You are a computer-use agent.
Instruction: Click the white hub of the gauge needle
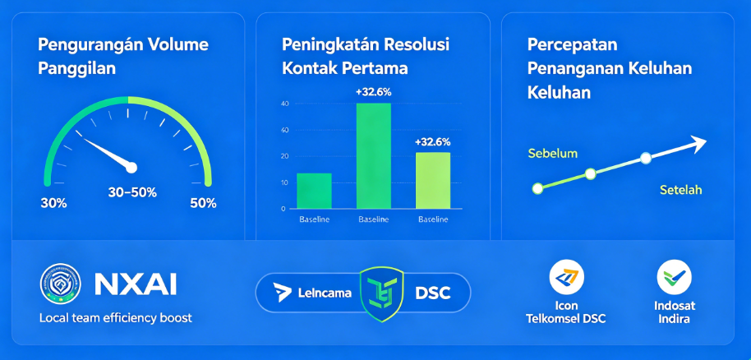pos(131,168)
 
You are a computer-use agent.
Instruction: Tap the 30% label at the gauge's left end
pos(53,203)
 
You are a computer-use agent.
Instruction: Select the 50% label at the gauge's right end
pos(203,203)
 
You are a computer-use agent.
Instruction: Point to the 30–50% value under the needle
pos(132,192)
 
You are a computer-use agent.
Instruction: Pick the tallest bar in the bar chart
pos(374,156)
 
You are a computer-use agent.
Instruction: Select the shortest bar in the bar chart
pos(314,191)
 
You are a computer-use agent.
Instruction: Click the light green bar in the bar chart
pos(433,181)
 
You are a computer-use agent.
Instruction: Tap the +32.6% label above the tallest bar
pos(374,93)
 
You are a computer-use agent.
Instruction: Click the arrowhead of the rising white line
pos(698,142)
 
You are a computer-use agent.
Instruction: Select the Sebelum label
pos(553,154)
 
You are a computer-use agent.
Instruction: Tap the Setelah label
pos(681,190)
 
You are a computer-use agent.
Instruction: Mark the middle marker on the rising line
pos(591,174)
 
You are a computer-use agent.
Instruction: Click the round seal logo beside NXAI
pos(60,284)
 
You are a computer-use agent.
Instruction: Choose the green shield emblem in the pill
pos(382,293)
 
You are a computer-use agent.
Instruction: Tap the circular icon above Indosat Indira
pos(674,277)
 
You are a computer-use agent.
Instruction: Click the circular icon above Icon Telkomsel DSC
pos(567,277)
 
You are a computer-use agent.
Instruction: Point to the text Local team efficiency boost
pos(115,318)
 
